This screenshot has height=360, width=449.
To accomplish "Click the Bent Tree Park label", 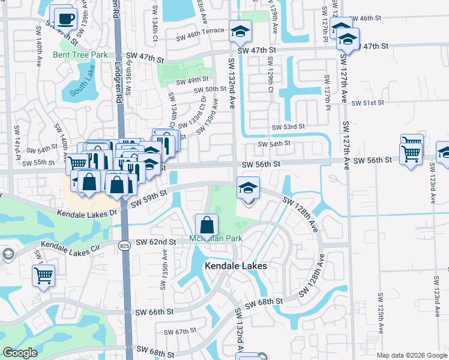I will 88,55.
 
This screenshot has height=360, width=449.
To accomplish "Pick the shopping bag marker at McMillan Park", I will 206,226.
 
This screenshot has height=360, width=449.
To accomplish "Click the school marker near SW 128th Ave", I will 248,188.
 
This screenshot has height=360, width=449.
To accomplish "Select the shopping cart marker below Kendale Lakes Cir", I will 44,276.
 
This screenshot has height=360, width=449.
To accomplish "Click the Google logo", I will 20,353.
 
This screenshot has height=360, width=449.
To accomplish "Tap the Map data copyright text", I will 412,355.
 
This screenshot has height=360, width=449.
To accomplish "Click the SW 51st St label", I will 367,103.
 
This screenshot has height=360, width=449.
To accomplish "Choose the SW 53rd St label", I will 289,127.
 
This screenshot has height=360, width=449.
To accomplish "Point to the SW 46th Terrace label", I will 200,37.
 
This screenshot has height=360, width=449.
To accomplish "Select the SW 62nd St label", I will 155,242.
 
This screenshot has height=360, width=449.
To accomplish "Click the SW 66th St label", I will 154,312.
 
